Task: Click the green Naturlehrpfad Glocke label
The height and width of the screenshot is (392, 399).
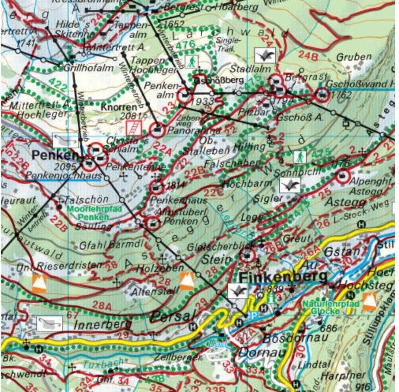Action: (x=331, y=308)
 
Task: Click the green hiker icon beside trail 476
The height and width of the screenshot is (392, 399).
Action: (x=191, y=62)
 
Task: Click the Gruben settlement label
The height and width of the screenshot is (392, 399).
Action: (x=354, y=57)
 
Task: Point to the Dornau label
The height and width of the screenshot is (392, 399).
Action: (x=261, y=352)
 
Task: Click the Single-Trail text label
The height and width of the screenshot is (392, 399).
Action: (x=228, y=44)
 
